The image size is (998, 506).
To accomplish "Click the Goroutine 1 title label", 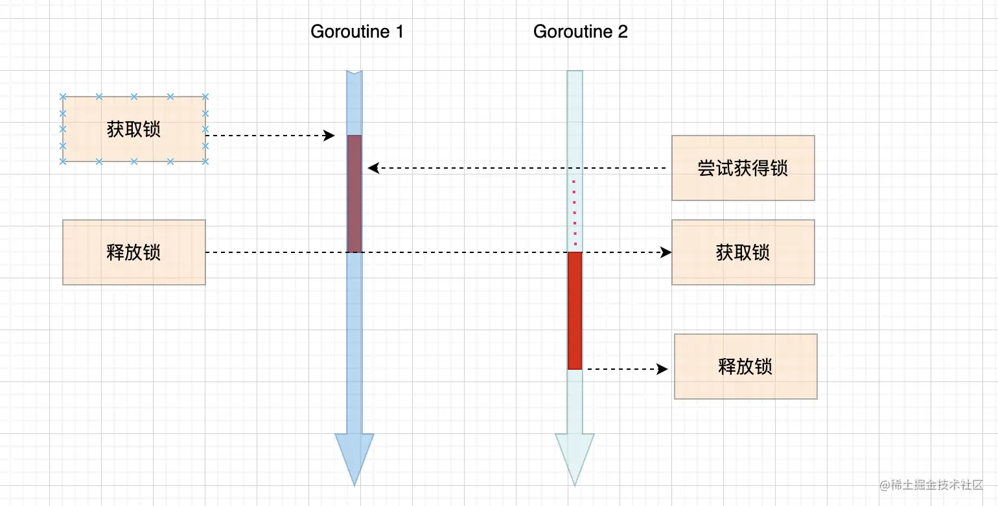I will point(357,31).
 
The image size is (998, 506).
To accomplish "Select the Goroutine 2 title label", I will point(580,31).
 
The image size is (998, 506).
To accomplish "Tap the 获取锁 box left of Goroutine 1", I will point(133,129).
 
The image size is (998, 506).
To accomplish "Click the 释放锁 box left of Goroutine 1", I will point(133,252).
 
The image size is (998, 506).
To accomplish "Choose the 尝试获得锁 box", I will point(743,168).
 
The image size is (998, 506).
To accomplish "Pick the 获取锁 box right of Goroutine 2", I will point(743,252).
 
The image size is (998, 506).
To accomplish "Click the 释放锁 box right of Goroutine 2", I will point(745,367).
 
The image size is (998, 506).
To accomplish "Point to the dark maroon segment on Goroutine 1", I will point(354,193).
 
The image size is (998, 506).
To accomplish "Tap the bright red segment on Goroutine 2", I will point(575,310).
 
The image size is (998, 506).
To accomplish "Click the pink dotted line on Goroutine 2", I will point(574,211).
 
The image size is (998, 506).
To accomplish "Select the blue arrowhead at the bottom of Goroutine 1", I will point(354,457).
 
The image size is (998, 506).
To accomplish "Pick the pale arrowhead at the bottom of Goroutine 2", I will point(575,457).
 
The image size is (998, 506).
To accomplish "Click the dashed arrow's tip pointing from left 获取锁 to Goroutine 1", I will point(330,136).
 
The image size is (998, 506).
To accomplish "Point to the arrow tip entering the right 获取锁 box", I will point(667,252).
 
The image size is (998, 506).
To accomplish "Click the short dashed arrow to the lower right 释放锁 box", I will point(625,369).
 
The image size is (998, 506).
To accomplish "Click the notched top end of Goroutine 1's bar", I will point(354,73).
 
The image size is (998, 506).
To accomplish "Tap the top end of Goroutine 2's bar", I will point(575,73).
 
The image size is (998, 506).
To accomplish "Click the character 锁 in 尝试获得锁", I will point(779,168).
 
